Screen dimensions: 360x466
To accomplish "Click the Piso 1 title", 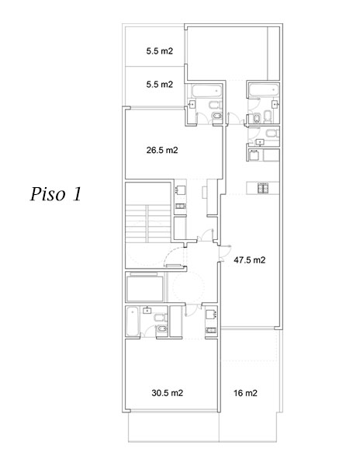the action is coord(56,194).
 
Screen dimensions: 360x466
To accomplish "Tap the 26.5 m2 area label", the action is coord(162,150).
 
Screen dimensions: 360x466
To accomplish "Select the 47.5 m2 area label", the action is coord(250,260).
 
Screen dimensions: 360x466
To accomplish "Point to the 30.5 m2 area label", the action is coord(168,393).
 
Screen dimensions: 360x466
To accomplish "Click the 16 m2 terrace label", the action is coord(245,393).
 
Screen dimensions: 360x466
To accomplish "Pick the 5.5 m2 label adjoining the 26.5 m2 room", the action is coord(159,85).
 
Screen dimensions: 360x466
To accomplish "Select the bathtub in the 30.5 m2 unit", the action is coord(133,322).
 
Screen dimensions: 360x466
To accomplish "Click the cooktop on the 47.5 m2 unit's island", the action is coord(263,188).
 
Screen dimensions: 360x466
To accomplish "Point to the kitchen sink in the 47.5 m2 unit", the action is coord(254,155).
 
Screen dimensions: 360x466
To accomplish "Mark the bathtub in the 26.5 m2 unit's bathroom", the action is coord(207,91).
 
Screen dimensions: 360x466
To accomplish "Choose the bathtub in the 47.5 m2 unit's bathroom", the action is coord(264,90).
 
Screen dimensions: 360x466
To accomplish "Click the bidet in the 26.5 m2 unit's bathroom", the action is coord(216,116).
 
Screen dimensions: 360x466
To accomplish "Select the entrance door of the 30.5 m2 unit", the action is coord(193,310).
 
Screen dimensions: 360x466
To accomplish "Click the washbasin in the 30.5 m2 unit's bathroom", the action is coord(147,311).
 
